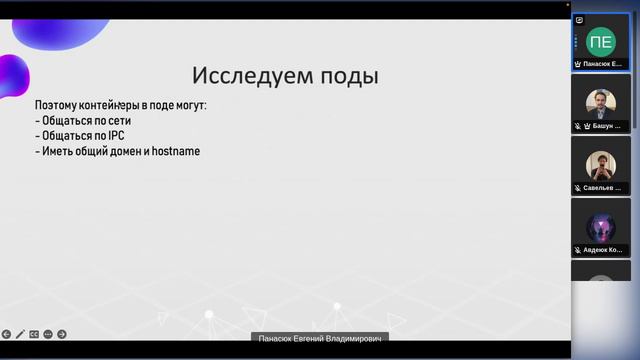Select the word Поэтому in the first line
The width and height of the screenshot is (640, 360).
[x=57, y=105]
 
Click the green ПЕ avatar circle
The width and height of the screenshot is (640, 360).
[x=600, y=41]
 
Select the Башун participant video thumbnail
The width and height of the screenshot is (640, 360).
[x=600, y=103]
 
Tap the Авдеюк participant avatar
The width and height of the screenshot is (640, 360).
[x=600, y=226]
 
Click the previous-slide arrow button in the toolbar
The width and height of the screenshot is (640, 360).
[x=6, y=334]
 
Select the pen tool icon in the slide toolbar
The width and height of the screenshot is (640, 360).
[x=20, y=334]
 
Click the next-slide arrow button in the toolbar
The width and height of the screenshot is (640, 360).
[x=62, y=334]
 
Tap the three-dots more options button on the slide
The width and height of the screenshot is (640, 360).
[x=48, y=334]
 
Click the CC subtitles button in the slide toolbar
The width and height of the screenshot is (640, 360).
[x=34, y=334]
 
